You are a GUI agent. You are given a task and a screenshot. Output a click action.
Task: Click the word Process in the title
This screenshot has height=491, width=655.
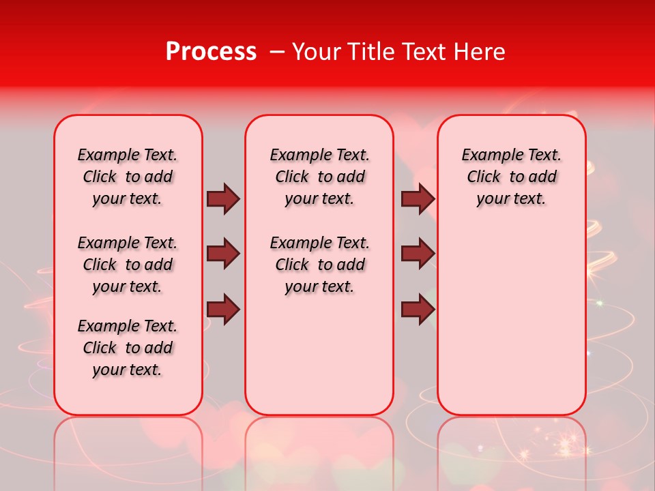pyautogui.click(x=211, y=52)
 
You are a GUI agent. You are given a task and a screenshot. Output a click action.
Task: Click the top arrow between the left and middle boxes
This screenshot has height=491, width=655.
pyautogui.click(x=223, y=198)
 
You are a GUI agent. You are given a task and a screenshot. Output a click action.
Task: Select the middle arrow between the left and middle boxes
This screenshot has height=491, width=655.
pyautogui.click(x=223, y=254)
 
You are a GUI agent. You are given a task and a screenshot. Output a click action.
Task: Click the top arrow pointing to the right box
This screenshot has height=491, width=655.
pyautogui.click(x=418, y=198)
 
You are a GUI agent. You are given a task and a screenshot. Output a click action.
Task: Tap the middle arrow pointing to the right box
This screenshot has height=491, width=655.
pyautogui.click(x=418, y=254)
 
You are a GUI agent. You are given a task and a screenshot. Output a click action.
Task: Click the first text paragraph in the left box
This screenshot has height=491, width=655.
pyautogui.click(x=128, y=177)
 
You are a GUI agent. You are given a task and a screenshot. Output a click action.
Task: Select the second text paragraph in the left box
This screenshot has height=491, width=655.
pyautogui.click(x=128, y=265)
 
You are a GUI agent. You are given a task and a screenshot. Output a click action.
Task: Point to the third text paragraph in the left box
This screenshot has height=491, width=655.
pyautogui.click(x=128, y=348)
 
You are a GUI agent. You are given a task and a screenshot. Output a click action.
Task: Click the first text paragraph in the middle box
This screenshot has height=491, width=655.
pyautogui.click(x=319, y=177)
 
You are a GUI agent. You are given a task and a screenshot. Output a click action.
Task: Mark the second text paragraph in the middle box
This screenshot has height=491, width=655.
pyautogui.click(x=319, y=265)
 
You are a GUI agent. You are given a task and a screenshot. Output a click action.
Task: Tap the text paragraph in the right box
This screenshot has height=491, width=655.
pyautogui.click(x=511, y=177)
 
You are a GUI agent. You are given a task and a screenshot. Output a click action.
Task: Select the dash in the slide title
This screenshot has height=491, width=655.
pyautogui.click(x=277, y=53)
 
